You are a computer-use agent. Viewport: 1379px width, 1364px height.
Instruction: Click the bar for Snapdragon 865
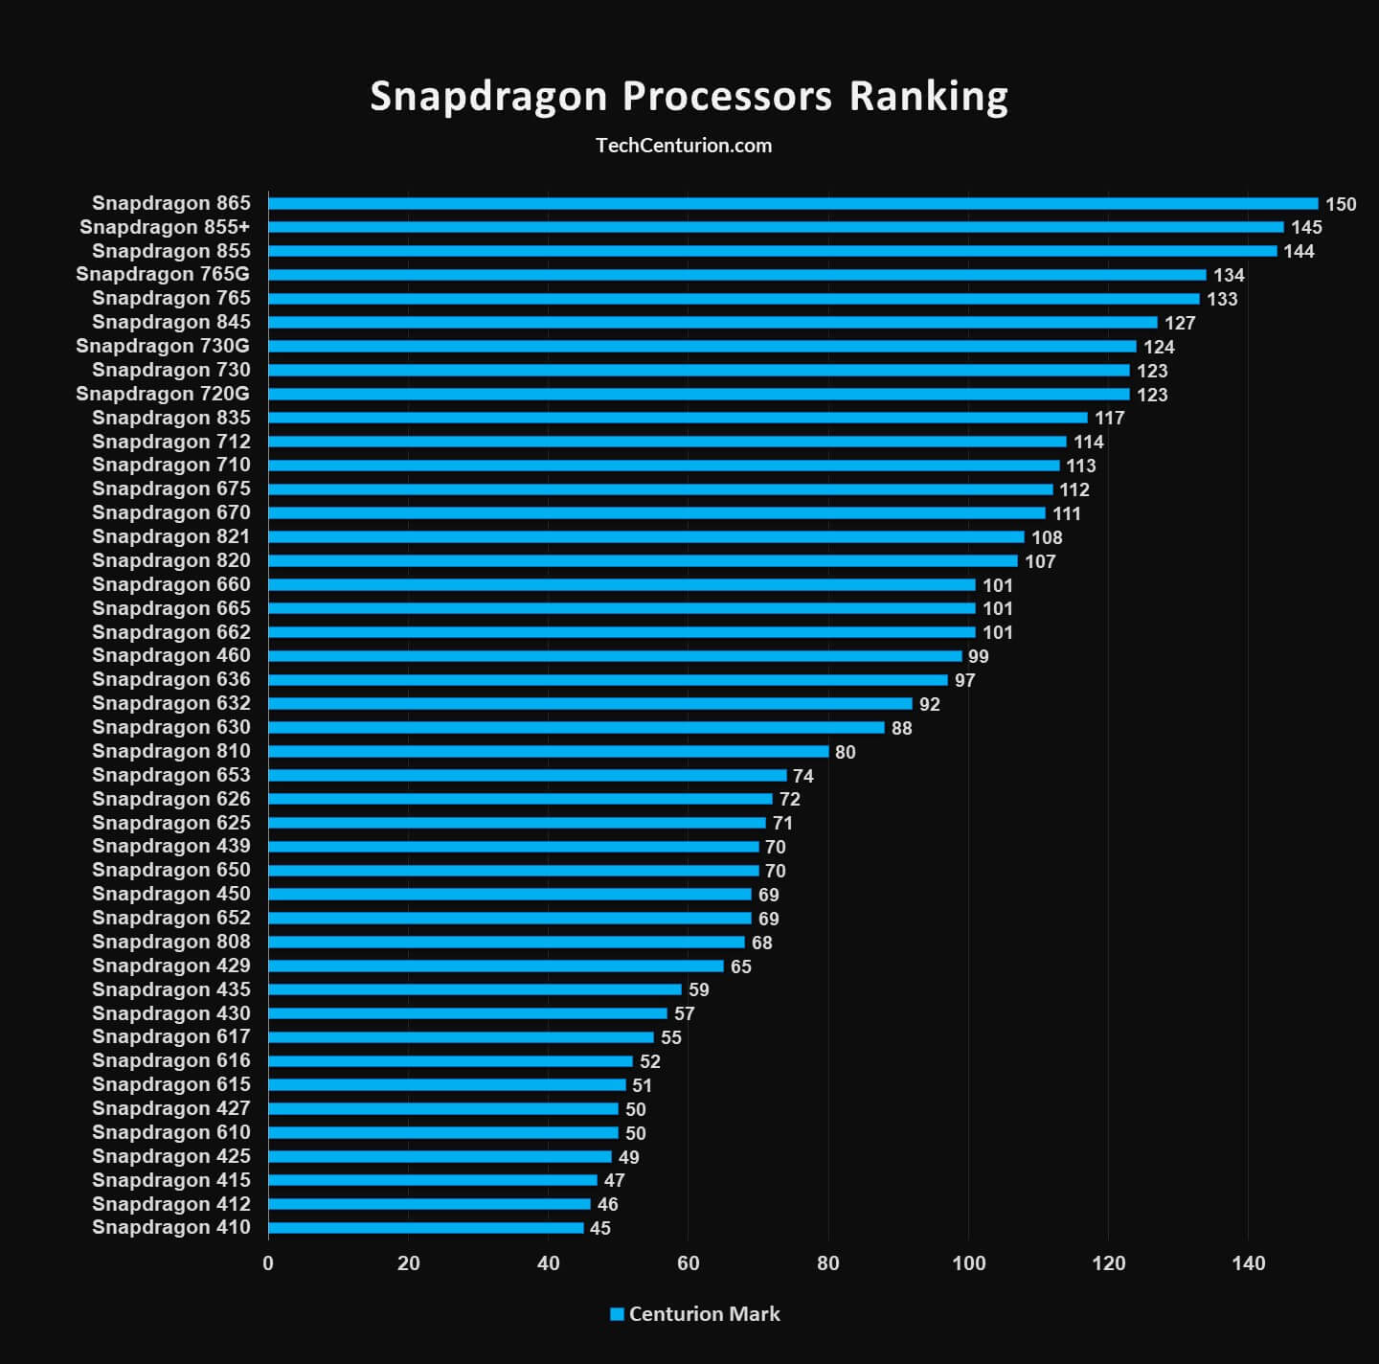tap(793, 203)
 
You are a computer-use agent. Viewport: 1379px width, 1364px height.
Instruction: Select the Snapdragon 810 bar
tap(548, 752)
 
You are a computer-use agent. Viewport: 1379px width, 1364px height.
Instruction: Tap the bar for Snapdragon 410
tap(425, 1228)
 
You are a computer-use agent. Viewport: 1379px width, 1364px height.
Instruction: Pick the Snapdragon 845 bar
tap(712, 323)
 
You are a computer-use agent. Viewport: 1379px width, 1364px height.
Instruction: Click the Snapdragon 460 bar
tap(615, 656)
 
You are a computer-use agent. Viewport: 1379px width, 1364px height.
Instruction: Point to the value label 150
tap(1341, 204)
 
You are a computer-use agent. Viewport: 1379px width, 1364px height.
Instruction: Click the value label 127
tap(1180, 323)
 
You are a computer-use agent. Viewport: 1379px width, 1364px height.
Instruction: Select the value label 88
tap(901, 728)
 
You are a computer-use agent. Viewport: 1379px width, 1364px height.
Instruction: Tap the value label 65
tap(740, 966)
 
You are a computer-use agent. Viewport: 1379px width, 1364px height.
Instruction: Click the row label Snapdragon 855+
tap(165, 227)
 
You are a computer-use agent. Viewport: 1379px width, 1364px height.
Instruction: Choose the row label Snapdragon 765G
tap(163, 275)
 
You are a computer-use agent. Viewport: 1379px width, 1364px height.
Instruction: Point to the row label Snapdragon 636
tap(171, 680)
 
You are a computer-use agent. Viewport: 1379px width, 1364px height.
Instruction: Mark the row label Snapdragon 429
tap(171, 966)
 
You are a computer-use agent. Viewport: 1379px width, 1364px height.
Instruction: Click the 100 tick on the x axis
tap(968, 1263)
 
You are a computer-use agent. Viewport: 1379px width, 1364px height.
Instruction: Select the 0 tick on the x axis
tap(268, 1263)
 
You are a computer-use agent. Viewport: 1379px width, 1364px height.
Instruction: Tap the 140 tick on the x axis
tap(1249, 1263)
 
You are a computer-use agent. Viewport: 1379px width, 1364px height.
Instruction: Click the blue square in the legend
tap(617, 1314)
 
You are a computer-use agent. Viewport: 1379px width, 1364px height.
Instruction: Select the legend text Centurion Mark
tap(704, 1314)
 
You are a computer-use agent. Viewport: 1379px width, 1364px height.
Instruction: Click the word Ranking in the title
tap(928, 97)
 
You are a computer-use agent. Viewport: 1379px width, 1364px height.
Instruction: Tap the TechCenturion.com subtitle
tap(684, 146)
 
